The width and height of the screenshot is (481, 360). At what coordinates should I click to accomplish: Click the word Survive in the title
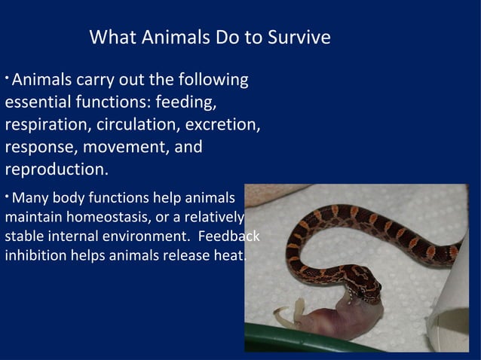[299, 37]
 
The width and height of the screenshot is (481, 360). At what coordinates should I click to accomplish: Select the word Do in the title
[222, 37]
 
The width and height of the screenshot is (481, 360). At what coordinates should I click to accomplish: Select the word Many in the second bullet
[29, 200]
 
